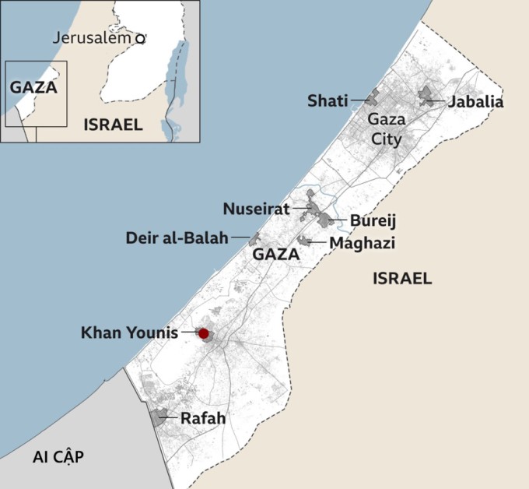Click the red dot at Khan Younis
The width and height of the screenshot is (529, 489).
pos(204,333)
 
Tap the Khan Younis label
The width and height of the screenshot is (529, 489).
pos(129,333)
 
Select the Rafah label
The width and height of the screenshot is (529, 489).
pos(203,418)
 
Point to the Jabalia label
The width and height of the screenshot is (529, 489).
pos(475,101)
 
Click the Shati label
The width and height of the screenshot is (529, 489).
pos(328,100)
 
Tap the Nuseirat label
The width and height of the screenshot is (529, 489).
pos(256,209)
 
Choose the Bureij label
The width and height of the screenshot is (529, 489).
pos(373,220)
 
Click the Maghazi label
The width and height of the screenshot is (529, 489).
pos(362,243)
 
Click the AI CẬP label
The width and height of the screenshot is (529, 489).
pos(58,457)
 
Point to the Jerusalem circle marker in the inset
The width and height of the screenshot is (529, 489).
pos(140,37)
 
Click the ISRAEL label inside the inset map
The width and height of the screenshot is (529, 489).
pos(113,125)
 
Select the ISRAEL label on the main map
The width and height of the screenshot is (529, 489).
pos(402,279)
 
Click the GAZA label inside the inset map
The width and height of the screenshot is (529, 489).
pos(33,87)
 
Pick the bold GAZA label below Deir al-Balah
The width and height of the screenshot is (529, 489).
pos(276,255)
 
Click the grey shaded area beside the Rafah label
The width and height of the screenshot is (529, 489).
pos(161,416)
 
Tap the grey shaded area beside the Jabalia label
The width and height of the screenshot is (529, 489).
pos(427,95)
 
